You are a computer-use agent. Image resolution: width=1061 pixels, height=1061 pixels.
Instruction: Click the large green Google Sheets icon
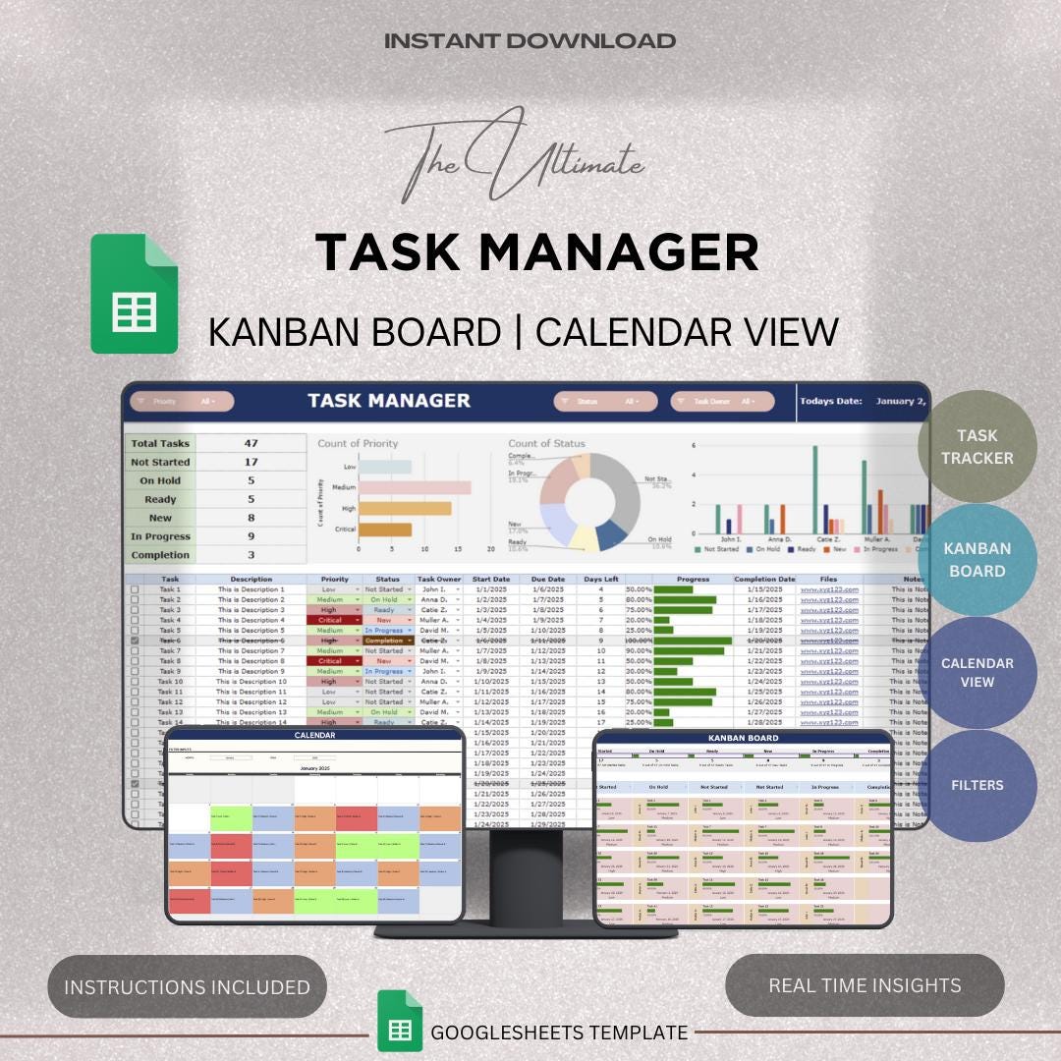click(x=135, y=294)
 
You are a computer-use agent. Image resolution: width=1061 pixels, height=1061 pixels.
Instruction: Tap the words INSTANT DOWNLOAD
click(x=530, y=41)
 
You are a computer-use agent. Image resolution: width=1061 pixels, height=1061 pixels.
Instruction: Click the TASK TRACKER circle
click(x=977, y=447)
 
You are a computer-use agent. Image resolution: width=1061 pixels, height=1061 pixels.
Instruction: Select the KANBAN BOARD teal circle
click(x=977, y=560)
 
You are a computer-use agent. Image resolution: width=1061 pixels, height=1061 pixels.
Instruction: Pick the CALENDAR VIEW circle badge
click(x=977, y=673)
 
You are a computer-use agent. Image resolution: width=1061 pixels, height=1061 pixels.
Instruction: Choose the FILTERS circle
click(x=977, y=785)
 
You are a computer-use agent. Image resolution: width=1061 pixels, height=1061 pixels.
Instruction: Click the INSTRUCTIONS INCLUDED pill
click(x=187, y=986)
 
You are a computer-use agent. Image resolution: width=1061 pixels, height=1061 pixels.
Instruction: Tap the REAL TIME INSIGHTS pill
click(x=865, y=984)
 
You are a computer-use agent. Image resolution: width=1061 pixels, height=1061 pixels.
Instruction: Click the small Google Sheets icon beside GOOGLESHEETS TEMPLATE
click(x=400, y=1029)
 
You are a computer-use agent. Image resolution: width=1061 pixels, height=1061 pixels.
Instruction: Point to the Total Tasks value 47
click(x=251, y=443)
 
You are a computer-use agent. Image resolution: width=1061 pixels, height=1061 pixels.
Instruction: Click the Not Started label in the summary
click(x=160, y=462)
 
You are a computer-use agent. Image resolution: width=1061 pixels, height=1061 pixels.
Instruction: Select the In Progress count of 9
click(x=251, y=536)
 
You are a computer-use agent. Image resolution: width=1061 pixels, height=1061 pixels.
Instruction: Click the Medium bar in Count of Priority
click(x=415, y=487)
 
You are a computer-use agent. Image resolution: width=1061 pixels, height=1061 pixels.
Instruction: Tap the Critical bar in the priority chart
click(x=384, y=530)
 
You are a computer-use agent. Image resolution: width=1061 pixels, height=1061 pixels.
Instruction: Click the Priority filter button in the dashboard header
click(x=182, y=401)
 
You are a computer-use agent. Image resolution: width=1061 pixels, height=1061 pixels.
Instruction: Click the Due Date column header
click(x=542, y=580)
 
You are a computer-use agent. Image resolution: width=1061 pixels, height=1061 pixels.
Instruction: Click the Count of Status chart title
click(x=546, y=444)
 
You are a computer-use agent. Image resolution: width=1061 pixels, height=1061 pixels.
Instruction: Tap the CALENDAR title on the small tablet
click(x=314, y=735)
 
